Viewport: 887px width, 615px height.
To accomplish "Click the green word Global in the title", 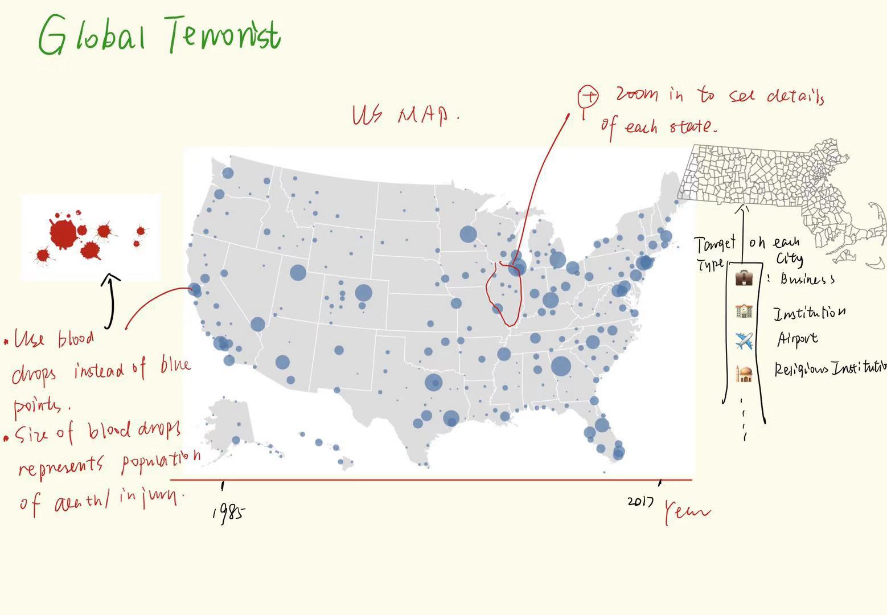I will click(91, 35).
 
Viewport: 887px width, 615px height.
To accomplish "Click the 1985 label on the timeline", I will click(229, 512).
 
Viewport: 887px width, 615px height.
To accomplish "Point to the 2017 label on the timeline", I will click(640, 502).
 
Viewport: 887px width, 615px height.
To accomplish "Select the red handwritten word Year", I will click(687, 511).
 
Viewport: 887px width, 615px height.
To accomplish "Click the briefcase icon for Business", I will click(745, 278).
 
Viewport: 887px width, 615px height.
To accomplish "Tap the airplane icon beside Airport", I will click(744, 342).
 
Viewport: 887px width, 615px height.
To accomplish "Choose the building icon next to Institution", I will click(745, 311).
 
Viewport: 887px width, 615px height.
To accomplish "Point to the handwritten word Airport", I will click(797, 339).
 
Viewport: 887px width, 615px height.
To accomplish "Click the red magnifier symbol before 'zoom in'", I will click(588, 97).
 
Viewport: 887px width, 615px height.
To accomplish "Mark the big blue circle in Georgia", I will click(561, 366).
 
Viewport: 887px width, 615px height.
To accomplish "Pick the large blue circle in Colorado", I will click(363, 293).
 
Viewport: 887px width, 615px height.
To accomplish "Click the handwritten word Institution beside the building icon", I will click(809, 313).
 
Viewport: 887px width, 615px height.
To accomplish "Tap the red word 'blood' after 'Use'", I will click(76, 339).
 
